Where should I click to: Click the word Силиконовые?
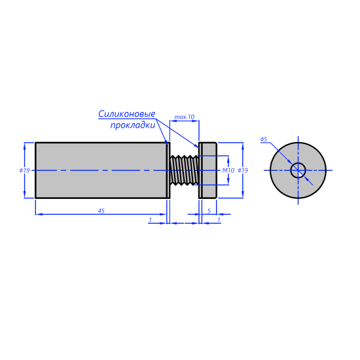pos(127,114)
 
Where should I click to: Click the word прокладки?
pos(133,126)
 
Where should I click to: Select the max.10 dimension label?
pos(185,117)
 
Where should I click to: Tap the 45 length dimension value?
pos(101,211)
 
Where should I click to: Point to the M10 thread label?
pos(228,170)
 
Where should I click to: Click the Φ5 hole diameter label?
pos(264,139)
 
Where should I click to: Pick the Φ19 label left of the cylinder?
pos(25,170)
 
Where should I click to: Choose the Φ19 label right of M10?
pos(243,170)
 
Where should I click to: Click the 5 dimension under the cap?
pos(209,211)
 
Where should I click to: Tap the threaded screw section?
pos(185,170)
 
